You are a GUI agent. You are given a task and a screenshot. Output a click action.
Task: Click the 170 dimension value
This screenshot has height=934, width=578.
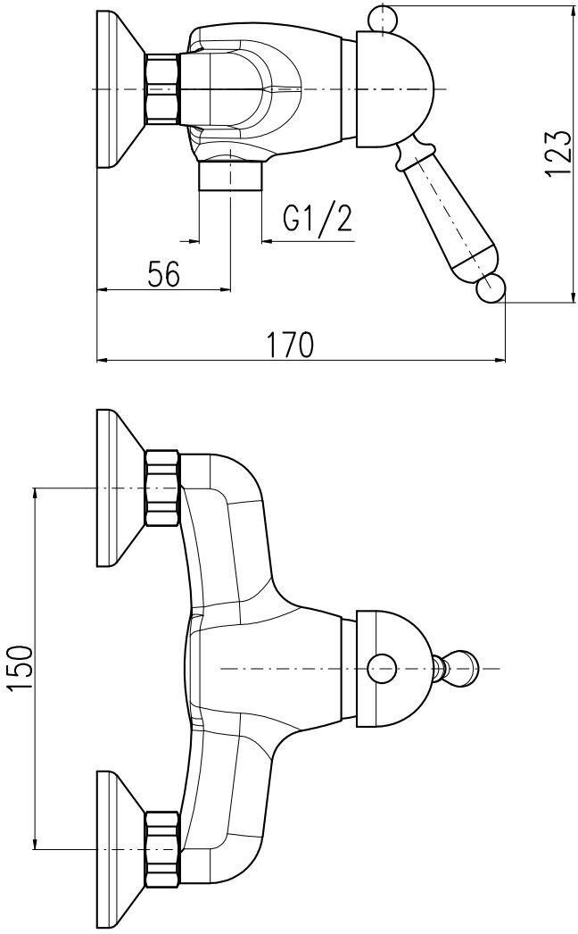291,344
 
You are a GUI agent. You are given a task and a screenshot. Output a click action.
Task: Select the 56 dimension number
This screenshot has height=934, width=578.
164,273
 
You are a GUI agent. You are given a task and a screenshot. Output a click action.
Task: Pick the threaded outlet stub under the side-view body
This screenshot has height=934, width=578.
230,175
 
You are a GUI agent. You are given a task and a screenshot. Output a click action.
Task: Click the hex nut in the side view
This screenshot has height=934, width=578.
162,88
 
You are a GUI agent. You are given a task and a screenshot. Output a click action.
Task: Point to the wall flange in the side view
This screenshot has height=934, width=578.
120,88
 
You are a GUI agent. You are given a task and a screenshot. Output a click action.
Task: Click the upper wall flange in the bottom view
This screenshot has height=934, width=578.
120,488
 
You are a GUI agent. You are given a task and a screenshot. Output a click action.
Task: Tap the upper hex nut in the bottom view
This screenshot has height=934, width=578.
162,488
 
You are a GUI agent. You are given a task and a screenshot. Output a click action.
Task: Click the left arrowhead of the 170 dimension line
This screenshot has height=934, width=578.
101,361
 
